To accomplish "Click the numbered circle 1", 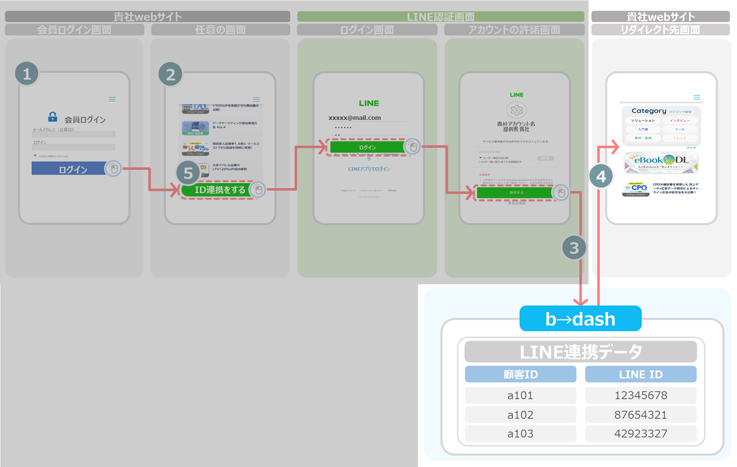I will click(27, 74).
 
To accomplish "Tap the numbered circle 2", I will click(171, 75).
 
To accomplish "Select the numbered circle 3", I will click(574, 248).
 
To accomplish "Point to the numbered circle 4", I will click(601, 176).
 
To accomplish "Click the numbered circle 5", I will click(188, 173).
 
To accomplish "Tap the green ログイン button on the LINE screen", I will click(367, 147).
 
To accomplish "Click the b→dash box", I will click(580, 319).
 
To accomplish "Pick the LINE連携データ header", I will click(581, 352).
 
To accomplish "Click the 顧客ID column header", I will click(520, 374).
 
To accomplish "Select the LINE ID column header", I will click(641, 374).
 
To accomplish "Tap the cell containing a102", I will click(520, 415).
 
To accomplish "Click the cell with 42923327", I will click(641, 434).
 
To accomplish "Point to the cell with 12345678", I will click(641, 395).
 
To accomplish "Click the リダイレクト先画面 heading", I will click(660, 30).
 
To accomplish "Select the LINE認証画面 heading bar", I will click(440, 17).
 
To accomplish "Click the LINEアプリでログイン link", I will click(369, 169).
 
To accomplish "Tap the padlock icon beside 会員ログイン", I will click(53, 117).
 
